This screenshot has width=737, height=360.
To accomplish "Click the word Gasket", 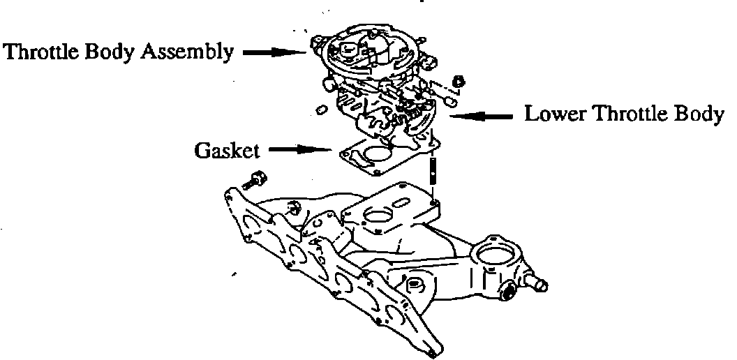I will (227, 150).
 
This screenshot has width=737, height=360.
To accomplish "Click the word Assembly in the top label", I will (193, 52).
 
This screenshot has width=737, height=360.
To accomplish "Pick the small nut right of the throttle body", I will (459, 81).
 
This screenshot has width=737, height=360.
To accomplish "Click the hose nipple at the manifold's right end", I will (538, 283).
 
